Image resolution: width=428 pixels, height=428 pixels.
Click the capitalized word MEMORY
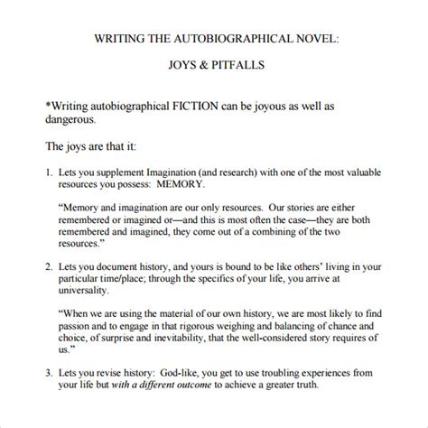pos(211,187)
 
